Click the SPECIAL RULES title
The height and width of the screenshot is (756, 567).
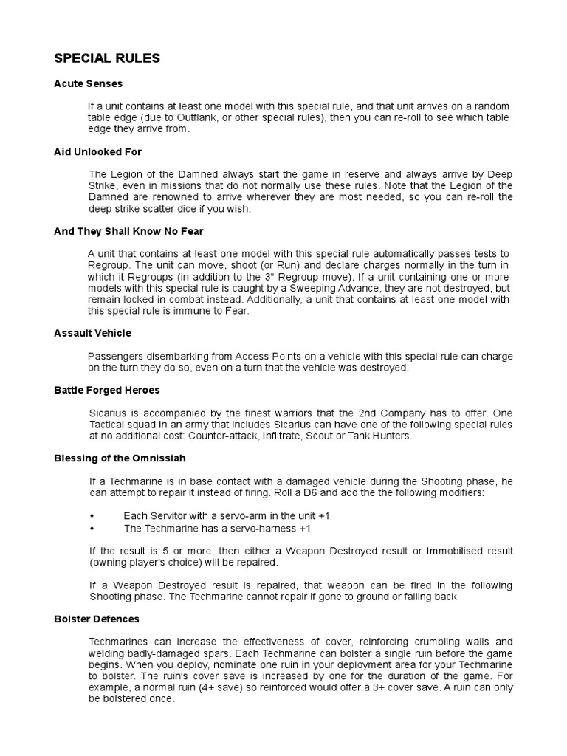(107, 58)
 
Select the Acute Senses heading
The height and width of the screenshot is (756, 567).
(88, 83)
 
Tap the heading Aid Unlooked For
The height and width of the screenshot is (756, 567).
(97, 151)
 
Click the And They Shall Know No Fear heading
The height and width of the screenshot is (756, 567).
(128, 231)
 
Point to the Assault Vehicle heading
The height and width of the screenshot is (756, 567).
(92, 333)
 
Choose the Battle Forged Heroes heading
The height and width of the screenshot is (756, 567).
(106, 389)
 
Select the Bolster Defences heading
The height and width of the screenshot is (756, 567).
(97, 619)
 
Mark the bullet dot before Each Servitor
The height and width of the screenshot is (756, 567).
(92, 516)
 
